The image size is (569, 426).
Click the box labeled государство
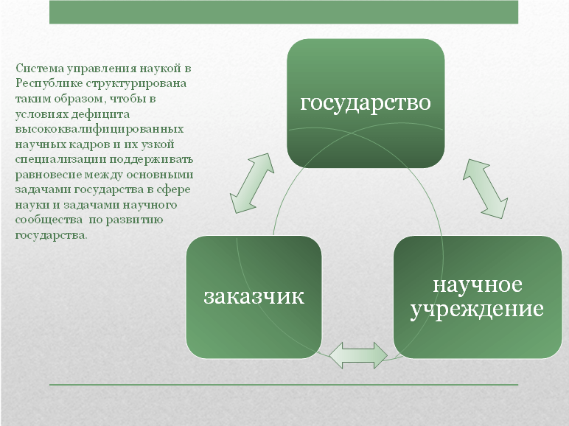pos(366,103)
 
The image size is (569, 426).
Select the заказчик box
pos(254,297)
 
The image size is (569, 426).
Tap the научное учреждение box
pos(478,297)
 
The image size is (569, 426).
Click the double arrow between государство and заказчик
pos(252,184)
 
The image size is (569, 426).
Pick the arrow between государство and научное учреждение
pos(485,189)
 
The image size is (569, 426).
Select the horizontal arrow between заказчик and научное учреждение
pos(357,355)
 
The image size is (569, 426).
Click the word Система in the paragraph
pos(40,69)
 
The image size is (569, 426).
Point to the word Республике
pos(49,83)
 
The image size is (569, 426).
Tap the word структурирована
pos(136,83)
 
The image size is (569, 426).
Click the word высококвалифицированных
pos(100,129)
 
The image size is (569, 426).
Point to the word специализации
pos(60,160)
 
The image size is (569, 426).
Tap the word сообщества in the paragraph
pos(49,220)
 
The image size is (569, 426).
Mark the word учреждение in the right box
pos(477,309)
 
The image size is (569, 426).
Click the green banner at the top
pos(284,12)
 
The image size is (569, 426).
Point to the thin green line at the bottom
pos(284,384)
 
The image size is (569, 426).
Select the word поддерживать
pos(151,160)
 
